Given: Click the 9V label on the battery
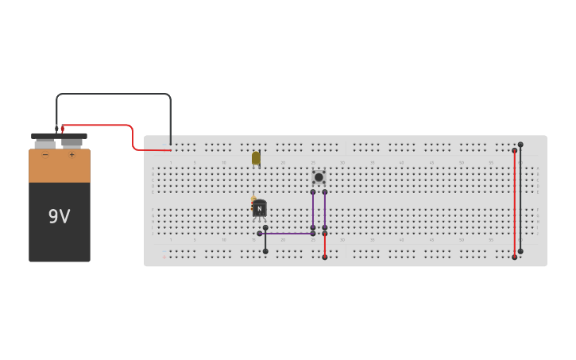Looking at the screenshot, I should [59, 216].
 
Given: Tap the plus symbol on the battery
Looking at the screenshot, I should [72, 155].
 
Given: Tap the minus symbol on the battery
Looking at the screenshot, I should [45, 155].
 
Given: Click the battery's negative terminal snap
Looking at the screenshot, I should [45, 142].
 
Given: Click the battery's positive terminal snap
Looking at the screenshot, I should [72, 142].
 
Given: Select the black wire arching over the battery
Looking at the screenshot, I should [111, 94].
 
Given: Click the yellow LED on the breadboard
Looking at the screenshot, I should [256, 158].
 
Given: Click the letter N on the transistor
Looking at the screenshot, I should [259, 209].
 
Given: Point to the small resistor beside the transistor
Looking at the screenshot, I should [253, 201].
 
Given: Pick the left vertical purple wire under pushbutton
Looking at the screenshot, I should [313, 210].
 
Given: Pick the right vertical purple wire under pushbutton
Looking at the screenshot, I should [325, 210].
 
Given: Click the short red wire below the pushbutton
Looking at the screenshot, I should [325, 246].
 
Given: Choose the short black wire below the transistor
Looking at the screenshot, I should [265, 239].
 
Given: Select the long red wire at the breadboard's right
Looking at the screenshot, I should [515, 203].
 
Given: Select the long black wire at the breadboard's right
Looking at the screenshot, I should [520, 198].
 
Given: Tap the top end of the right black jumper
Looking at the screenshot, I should [520, 145].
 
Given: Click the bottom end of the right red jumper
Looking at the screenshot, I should [515, 257].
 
